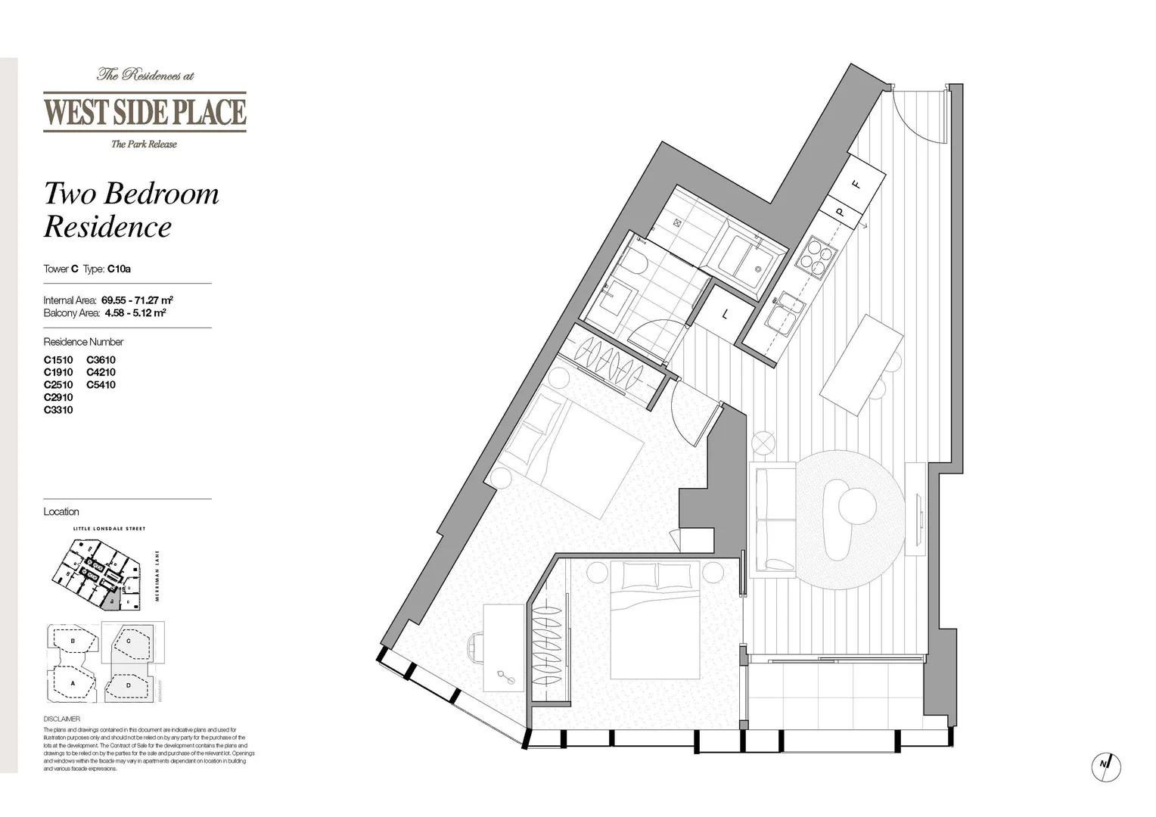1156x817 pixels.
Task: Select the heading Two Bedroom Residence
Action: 130,210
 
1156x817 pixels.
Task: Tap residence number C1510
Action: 58,360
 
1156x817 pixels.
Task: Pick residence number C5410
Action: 101,385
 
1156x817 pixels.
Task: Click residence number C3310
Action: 58,410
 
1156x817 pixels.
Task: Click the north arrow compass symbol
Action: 1105,766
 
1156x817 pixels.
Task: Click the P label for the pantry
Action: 840,213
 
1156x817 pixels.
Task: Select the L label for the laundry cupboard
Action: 726,314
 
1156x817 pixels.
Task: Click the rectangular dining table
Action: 862,365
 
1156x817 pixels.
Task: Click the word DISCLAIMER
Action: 61,719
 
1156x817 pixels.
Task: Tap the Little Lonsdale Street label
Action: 109,529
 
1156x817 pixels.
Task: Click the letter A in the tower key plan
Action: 73,683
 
